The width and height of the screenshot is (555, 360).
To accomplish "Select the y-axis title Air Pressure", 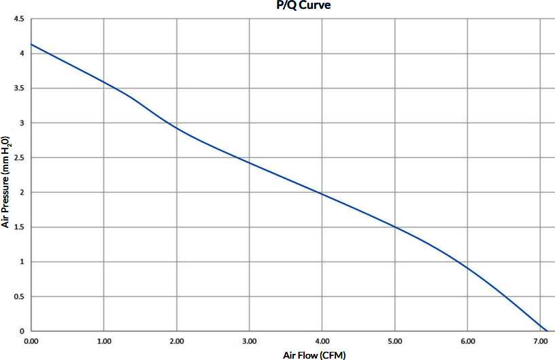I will pos(6,180).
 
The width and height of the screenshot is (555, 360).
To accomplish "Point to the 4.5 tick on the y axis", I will pos(18,18).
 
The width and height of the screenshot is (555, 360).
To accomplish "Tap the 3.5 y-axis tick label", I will pos(18,88).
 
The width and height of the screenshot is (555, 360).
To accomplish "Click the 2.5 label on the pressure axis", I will pos(18,158).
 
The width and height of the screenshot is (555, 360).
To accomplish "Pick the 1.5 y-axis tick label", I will pos(18,227).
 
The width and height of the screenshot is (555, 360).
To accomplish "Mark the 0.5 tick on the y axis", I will pos(18,297).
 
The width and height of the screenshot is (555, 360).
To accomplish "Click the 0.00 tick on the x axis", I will pos(31,340).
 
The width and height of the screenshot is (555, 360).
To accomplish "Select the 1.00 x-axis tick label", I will pos(104,340).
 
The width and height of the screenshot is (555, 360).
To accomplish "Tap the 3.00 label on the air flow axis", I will pos(250,340).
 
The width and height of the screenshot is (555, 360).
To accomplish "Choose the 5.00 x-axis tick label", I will pos(395,340).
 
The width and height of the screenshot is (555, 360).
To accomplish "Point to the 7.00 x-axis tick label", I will pos(541,340).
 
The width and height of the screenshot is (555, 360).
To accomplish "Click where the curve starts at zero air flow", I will pos(31,44).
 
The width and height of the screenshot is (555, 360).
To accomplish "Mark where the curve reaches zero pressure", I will pos(546,331).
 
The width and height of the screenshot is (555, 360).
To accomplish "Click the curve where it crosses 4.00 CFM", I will pos(322,195).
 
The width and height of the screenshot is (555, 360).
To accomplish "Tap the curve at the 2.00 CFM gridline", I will pos(177,128).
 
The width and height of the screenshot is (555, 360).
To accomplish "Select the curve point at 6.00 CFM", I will pos(468,267).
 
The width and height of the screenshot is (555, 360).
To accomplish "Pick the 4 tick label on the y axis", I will pos(22,53).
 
